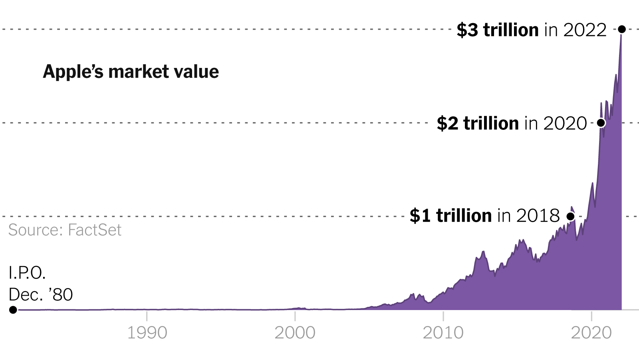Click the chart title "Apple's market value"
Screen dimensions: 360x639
(x=131, y=72)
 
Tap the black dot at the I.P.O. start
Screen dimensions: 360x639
(x=13, y=310)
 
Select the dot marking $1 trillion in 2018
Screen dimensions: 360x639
(x=571, y=216)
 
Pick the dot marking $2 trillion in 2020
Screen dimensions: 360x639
(x=601, y=123)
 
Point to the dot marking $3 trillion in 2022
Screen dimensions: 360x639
(x=621, y=29)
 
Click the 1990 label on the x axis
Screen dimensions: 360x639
(x=147, y=333)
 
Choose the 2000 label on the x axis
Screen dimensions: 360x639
(x=295, y=333)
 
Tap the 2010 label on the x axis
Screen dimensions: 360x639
(x=443, y=333)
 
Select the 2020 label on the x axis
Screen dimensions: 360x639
(x=591, y=333)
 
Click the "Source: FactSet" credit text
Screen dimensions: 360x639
(x=65, y=230)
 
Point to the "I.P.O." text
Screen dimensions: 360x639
(x=27, y=273)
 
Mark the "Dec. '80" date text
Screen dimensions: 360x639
(x=41, y=295)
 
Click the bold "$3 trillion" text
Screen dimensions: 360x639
(x=498, y=30)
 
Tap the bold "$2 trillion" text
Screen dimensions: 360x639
(x=478, y=123)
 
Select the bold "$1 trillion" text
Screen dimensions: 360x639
(x=450, y=216)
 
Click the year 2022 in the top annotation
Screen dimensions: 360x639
(x=585, y=30)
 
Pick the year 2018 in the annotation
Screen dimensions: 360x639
(x=538, y=216)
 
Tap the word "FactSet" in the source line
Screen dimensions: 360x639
(x=95, y=230)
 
